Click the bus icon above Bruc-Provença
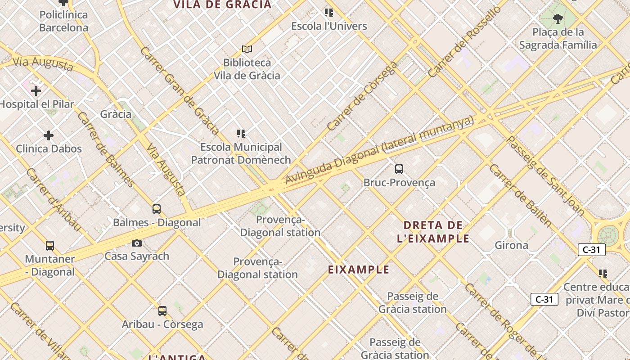(399, 169)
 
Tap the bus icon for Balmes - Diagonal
(157, 209)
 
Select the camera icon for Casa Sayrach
(137, 243)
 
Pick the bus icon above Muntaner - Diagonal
(50, 246)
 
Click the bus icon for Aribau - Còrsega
(162, 311)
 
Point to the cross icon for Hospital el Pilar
(36, 91)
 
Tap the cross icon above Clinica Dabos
(49, 135)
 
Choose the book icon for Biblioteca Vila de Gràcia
(247, 49)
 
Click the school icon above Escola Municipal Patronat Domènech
(241, 134)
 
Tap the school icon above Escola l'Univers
(329, 13)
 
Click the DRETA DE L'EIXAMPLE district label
(433, 232)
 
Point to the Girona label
(511, 245)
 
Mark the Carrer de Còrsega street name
(362, 96)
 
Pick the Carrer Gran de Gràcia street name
(179, 90)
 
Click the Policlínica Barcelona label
(63, 21)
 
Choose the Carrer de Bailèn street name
(520, 195)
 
